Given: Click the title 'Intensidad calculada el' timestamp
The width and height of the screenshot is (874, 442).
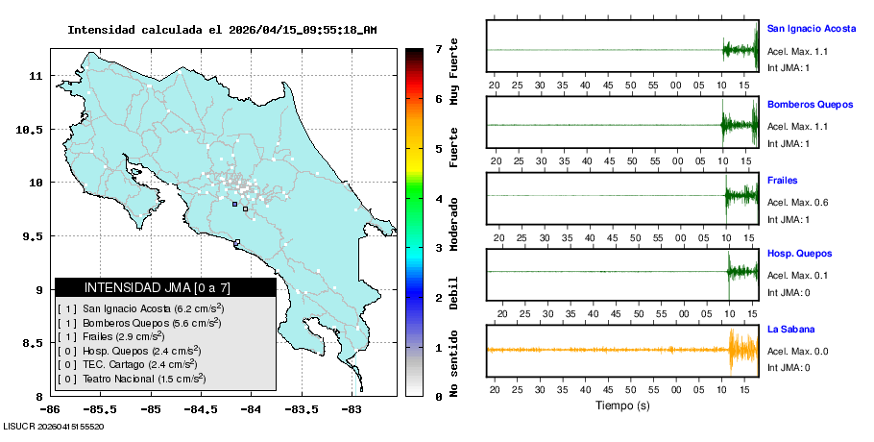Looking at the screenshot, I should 221,30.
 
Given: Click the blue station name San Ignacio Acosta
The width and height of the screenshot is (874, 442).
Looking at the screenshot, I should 811,28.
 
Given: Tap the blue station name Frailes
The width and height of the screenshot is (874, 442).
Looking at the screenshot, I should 782,180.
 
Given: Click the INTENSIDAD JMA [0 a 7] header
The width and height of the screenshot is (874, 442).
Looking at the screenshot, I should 165,287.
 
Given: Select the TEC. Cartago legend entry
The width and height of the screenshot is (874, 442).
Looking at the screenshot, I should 139,364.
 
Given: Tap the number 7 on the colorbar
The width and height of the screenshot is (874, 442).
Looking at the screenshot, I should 438,48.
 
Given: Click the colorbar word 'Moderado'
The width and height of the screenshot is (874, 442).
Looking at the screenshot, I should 453,222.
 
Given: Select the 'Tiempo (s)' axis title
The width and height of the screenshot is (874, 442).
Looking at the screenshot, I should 623,405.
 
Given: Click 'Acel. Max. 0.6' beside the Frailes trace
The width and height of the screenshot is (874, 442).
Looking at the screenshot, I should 797,202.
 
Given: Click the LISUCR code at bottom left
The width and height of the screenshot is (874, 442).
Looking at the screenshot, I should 54,425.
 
